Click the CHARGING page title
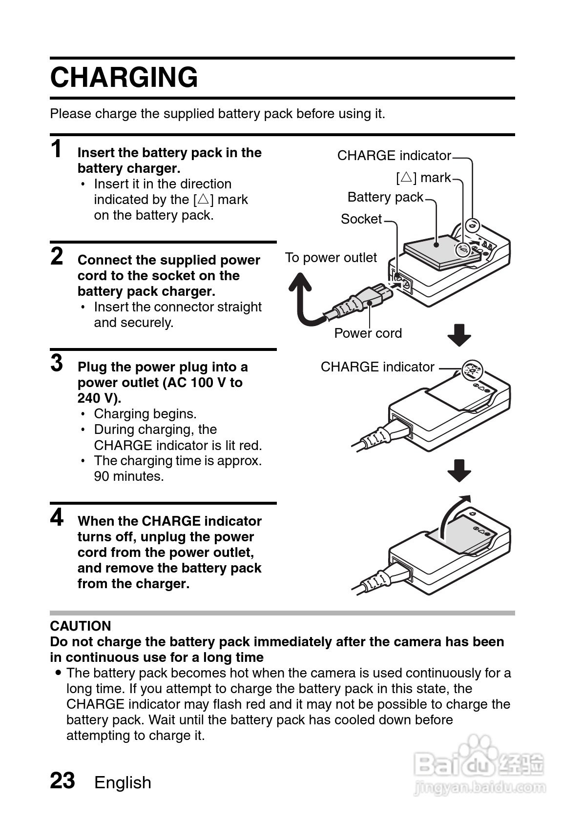click(124, 77)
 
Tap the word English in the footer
click(123, 783)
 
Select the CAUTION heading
click(81, 626)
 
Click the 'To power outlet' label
click(331, 258)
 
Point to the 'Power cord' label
click(368, 333)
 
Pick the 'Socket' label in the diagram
click(361, 219)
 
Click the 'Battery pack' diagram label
click(385, 197)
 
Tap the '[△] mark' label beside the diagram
click(423, 178)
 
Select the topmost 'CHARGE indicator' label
click(394, 156)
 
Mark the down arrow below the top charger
click(459, 335)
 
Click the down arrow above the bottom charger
click(459, 471)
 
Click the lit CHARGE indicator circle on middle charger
click(472, 370)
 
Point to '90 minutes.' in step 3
click(129, 476)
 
